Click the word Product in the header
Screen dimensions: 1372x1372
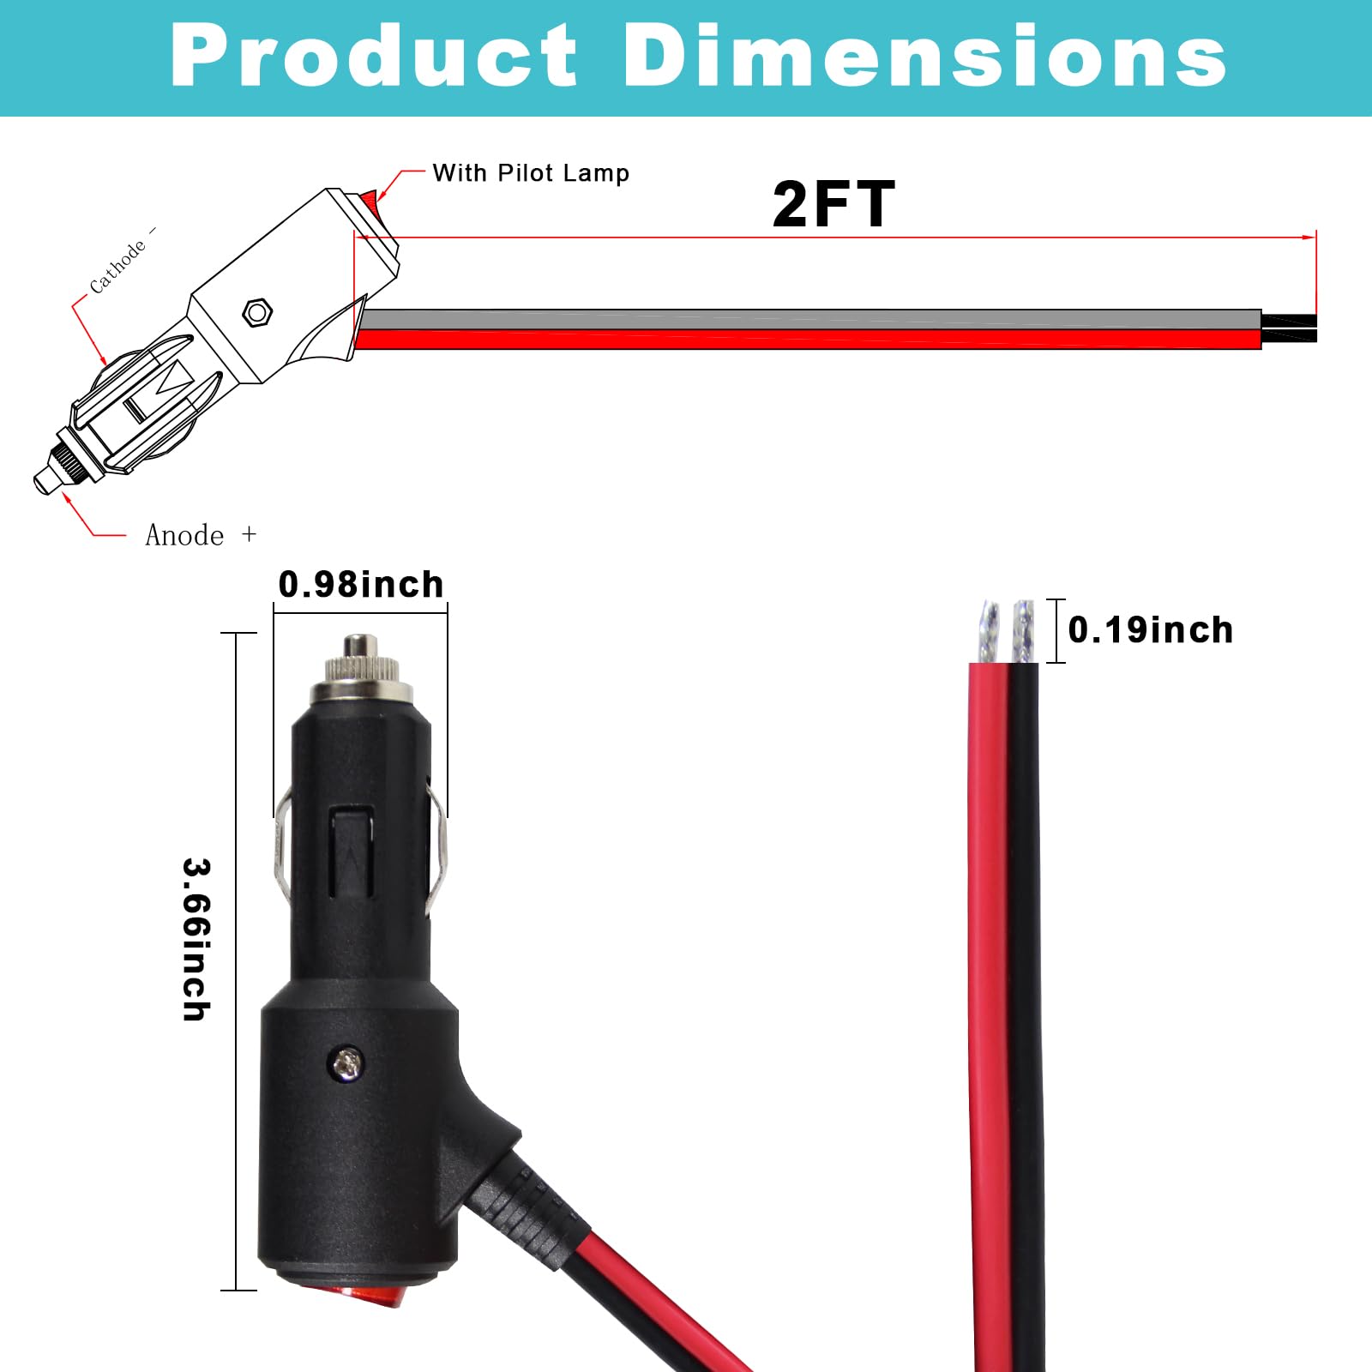coord(374,56)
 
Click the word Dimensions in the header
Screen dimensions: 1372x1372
coord(924,56)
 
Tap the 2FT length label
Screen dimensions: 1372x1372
coord(833,205)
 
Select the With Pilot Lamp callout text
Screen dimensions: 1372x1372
coord(531,173)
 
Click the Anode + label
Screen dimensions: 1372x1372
coord(201,535)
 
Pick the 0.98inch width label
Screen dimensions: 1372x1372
coord(361,585)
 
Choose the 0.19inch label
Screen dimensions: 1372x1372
coord(1150,630)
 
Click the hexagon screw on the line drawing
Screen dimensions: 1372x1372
coord(257,312)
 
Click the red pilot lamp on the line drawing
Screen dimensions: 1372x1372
coord(370,201)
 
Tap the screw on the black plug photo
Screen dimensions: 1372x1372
coord(347,1064)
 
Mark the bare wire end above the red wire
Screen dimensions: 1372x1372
coord(990,631)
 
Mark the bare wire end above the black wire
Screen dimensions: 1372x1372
coord(1023,631)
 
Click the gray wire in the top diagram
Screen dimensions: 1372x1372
coord(806,320)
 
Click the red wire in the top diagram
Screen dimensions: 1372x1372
coord(806,340)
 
